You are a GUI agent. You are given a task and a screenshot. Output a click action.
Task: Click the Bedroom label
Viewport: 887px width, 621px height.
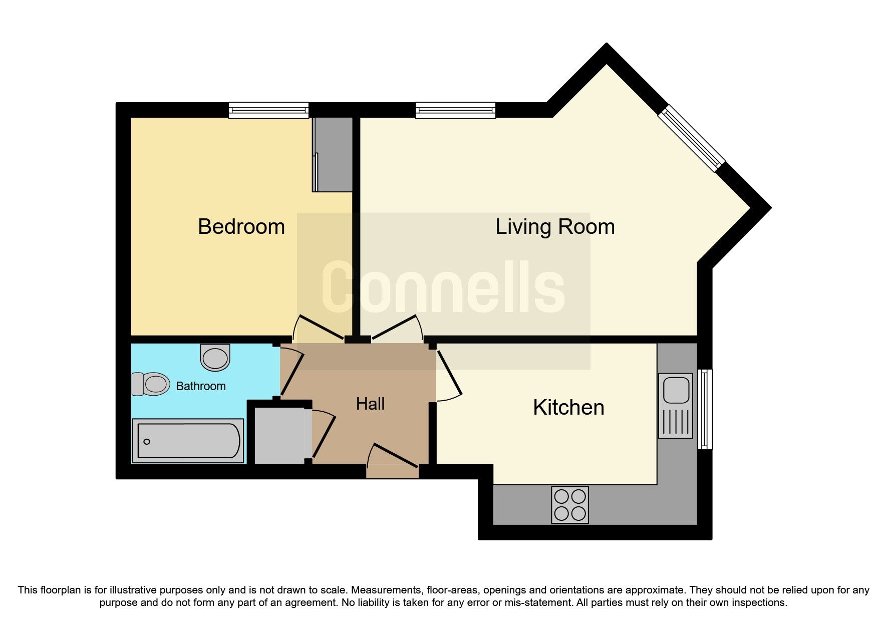click(241, 227)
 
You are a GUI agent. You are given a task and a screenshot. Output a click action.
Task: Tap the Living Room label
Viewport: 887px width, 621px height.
click(554, 227)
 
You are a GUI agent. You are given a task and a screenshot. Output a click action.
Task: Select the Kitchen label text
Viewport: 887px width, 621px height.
click(568, 408)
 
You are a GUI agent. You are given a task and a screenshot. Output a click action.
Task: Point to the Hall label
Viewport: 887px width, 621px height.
click(370, 404)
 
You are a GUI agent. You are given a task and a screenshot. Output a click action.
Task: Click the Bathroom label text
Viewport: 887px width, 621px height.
click(201, 386)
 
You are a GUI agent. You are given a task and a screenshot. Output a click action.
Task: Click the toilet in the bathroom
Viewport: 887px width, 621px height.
click(150, 384)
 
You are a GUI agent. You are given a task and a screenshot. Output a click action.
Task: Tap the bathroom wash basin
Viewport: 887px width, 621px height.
click(215, 357)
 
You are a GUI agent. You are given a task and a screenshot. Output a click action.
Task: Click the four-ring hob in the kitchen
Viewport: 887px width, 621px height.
click(570, 505)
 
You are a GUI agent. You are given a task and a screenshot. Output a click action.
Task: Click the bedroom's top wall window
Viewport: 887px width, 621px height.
click(268, 110)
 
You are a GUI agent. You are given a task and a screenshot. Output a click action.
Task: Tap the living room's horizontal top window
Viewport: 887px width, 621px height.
click(455, 110)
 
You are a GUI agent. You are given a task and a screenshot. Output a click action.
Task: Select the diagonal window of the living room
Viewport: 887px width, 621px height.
click(691, 138)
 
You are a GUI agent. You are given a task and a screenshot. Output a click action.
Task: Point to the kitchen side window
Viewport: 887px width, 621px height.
click(705, 409)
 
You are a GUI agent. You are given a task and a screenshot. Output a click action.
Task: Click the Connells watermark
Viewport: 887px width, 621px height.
click(443, 287)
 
